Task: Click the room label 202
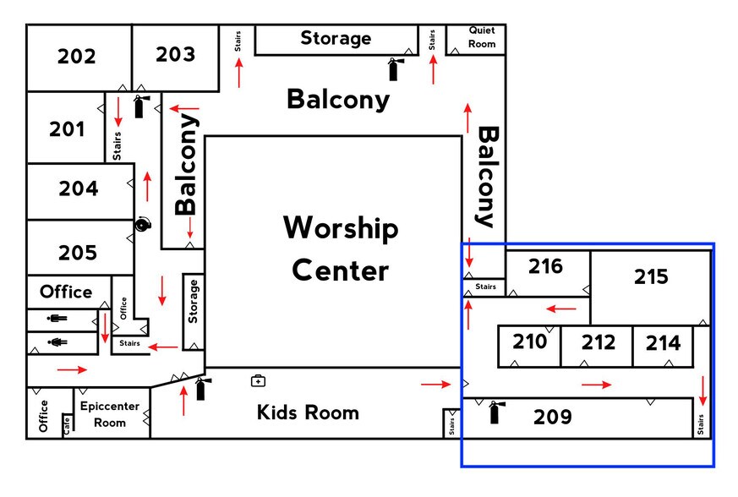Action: click(x=77, y=57)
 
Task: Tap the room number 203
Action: click(x=175, y=55)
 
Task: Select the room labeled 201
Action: click(x=67, y=130)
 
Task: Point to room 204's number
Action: click(x=79, y=189)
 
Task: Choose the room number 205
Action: click(x=78, y=253)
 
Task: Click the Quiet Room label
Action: click(x=482, y=38)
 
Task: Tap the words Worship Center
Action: click(x=341, y=249)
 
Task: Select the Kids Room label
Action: click(x=308, y=413)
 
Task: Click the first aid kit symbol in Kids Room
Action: click(x=258, y=381)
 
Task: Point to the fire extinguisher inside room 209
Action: click(x=495, y=412)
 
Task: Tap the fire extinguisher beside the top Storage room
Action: click(x=394, y=68)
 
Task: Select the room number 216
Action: click(x=546, y=267)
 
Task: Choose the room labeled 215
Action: click(x=651, y=277)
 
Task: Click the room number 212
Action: click(x=598, y=343)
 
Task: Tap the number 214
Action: click(x=663, y=343)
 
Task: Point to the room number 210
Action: click(x=530, y=342)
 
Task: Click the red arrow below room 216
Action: click(x=561, y=309)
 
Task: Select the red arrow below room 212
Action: click(x=597, y=385)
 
